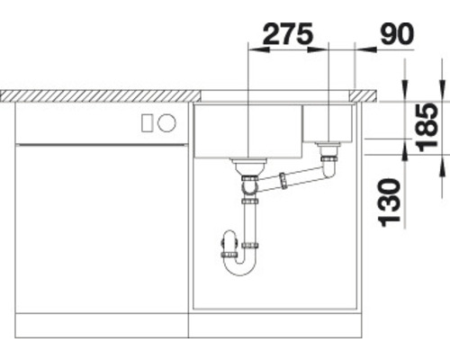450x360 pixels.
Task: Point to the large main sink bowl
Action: click(x=248, y=130)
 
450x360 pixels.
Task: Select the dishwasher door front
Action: click(x=101, y=225)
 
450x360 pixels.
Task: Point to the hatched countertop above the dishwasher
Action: click(x=99, y=94)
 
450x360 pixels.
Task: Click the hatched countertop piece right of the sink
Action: click(x=369, y=94)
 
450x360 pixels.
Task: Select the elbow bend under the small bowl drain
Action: click(x=328, y=167)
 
